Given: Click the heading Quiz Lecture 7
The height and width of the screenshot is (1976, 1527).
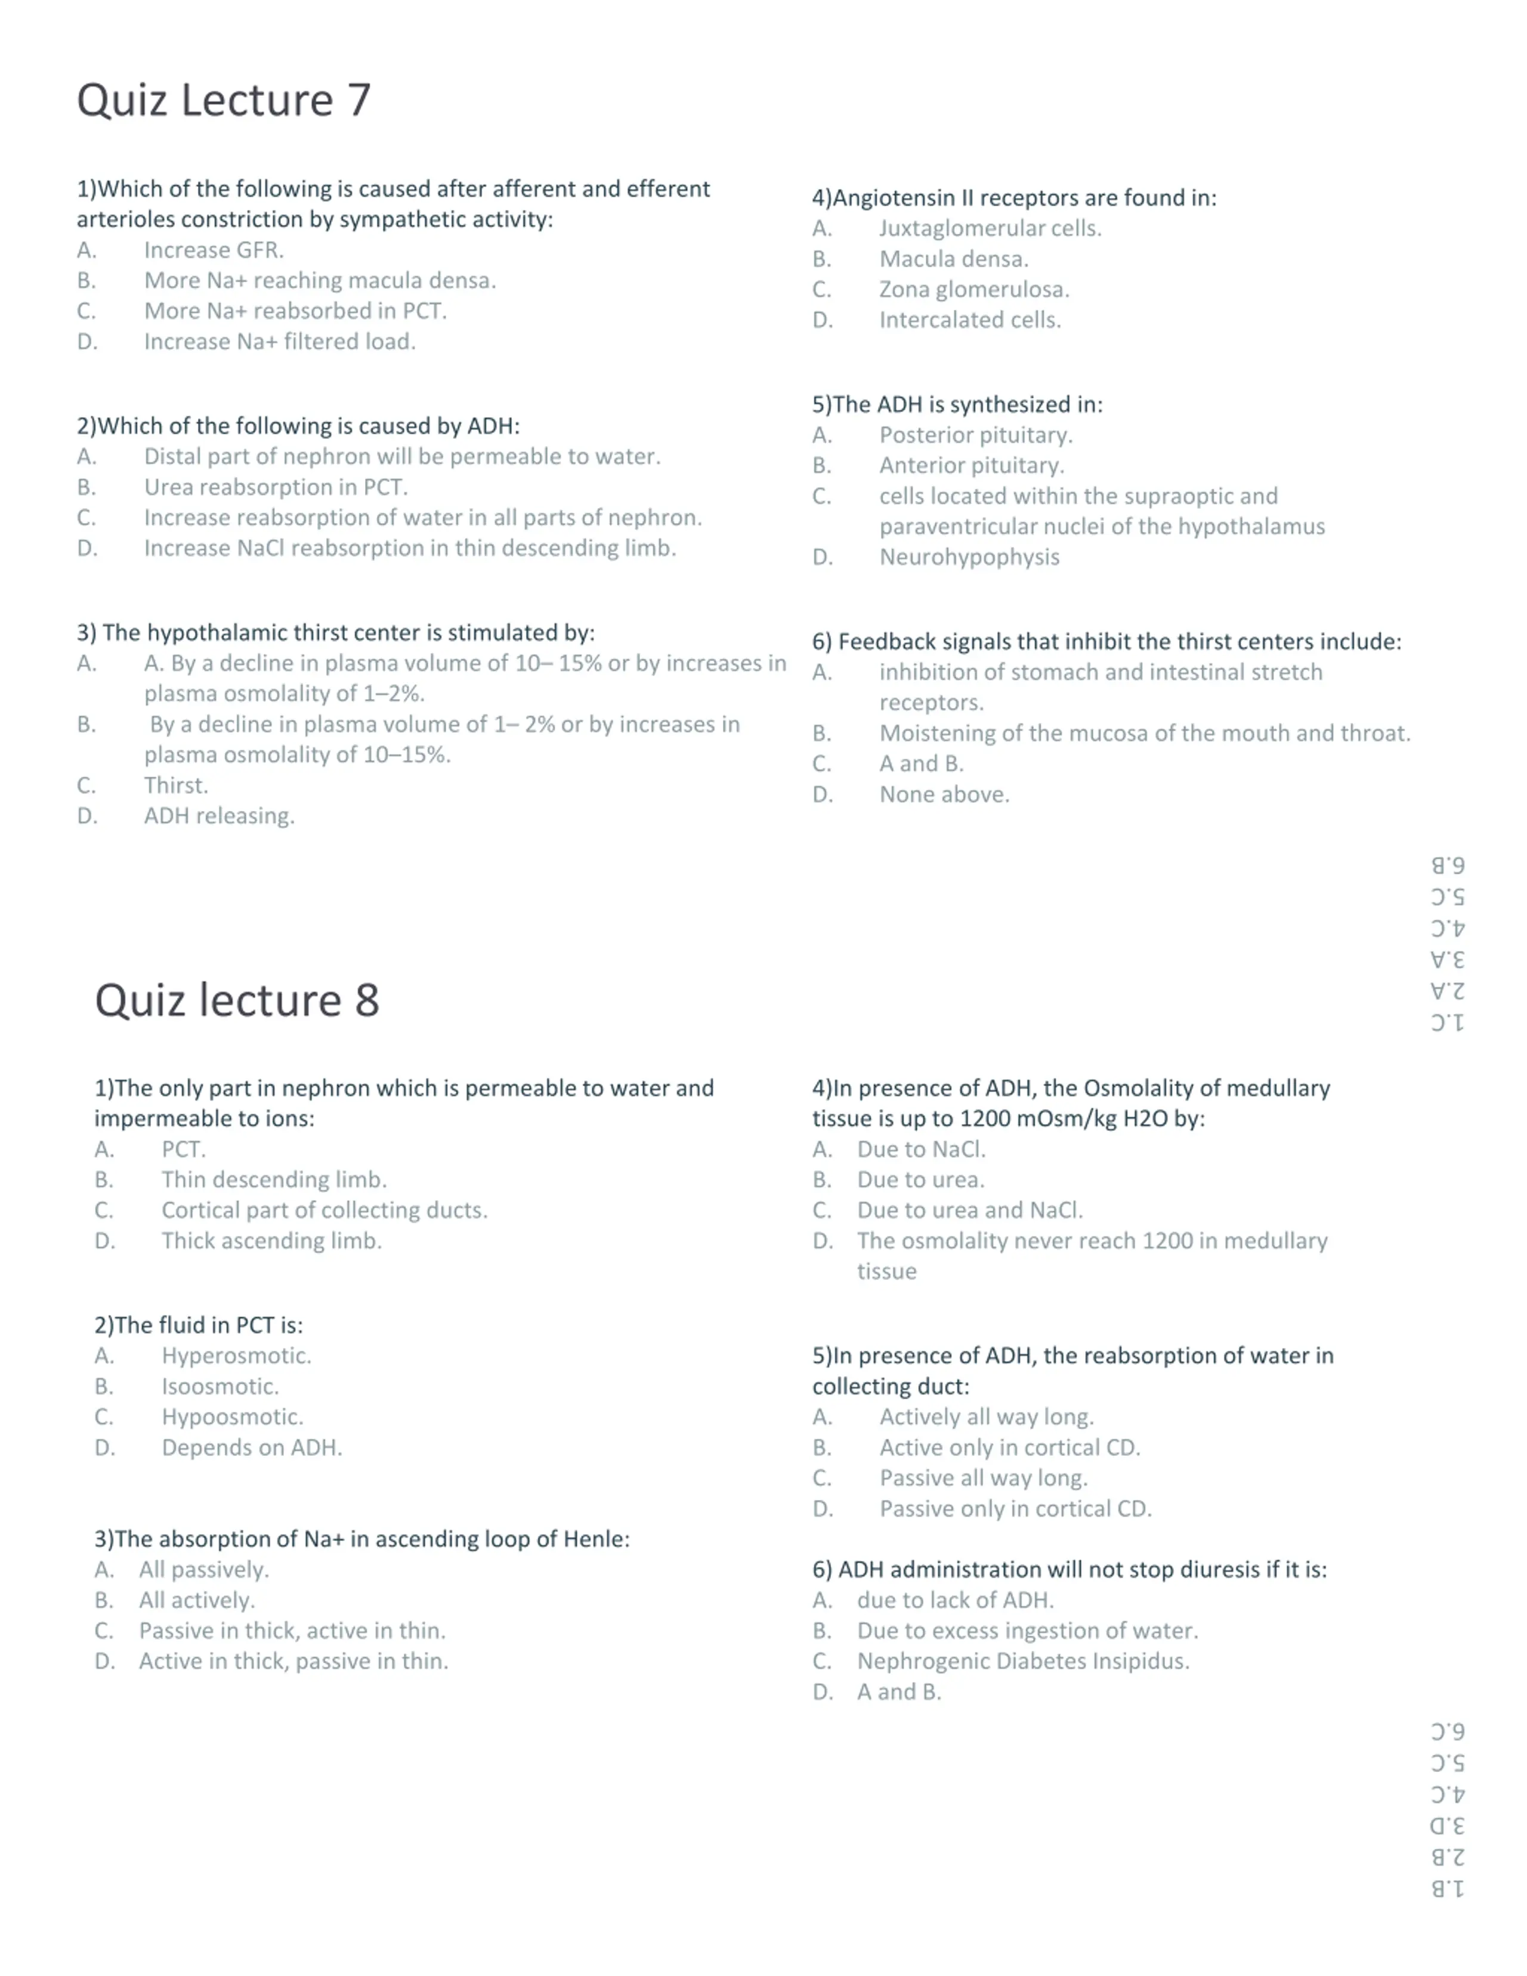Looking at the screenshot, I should [224, 100].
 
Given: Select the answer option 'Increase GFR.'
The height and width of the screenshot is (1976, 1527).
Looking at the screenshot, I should [214, 250].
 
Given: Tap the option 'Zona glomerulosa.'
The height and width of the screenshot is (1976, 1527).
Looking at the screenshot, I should [973, 289].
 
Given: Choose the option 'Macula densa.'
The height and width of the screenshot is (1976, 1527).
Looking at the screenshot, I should [953, 259].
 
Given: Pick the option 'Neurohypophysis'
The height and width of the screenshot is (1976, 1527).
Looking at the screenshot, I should [969, 556].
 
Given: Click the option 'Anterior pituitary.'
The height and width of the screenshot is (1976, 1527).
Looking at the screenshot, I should [972, 465].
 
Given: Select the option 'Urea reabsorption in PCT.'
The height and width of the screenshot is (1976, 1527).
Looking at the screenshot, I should [276, 487].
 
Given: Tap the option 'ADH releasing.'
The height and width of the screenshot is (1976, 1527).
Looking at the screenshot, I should [219, 815].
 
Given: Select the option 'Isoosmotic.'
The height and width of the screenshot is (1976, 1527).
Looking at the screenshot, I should [220, 1386].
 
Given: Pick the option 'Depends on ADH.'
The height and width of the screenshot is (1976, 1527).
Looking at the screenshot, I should [252, 1447].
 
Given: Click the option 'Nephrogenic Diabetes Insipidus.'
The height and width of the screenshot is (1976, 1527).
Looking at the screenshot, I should [1023, 1660].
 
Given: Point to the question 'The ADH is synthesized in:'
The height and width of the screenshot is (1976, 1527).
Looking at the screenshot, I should [957, 404].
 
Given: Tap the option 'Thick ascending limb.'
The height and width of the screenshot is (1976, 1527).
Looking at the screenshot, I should [271, 1241].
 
